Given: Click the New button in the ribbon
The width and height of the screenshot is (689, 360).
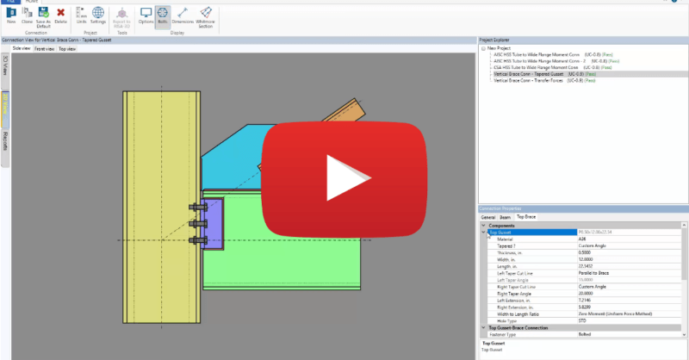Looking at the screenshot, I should point(12,16).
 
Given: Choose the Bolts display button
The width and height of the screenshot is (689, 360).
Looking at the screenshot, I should point(163,16).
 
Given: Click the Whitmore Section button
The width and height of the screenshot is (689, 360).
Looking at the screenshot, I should point(205,16).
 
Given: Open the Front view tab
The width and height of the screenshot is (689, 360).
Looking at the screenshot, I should point(43,49).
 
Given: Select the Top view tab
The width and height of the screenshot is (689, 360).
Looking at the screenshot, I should point(66,49).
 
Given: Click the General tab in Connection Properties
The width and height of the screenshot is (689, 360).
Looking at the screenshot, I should point(487,217).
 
